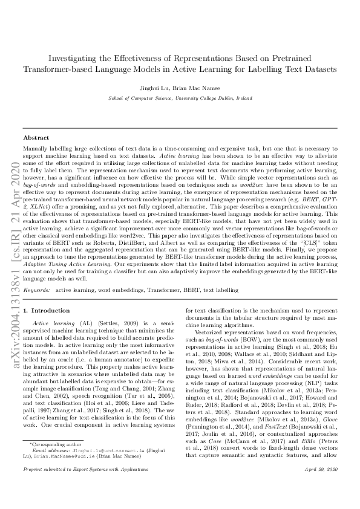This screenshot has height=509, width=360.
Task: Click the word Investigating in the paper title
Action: pos(74,58)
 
